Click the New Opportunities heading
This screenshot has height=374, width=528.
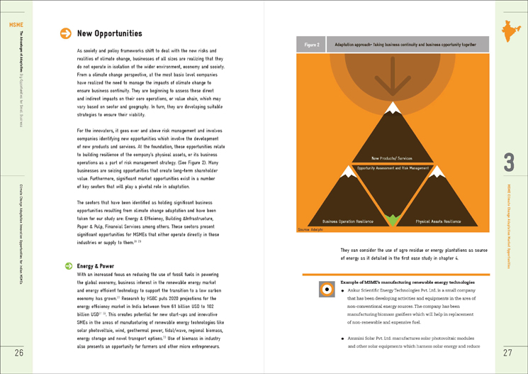(109, 33)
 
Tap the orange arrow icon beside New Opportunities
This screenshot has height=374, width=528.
(65, 33)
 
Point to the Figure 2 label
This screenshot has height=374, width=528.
(312, 45)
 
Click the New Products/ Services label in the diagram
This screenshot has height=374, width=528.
(393, 158)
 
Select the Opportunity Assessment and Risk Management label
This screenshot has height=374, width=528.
(393, 168)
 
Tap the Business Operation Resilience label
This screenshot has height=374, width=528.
(349, 221)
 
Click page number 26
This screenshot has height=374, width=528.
(19, 353)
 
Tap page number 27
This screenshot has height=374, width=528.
(507, 353)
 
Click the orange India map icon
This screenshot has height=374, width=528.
(508, 31)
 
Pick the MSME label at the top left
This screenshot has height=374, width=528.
(16, 25)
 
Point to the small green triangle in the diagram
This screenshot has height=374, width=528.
(393, 220)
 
